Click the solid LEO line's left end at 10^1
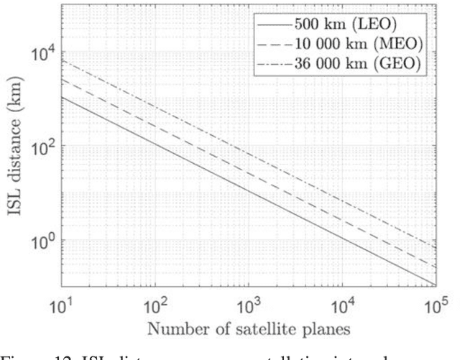61,96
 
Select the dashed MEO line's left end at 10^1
61,79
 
